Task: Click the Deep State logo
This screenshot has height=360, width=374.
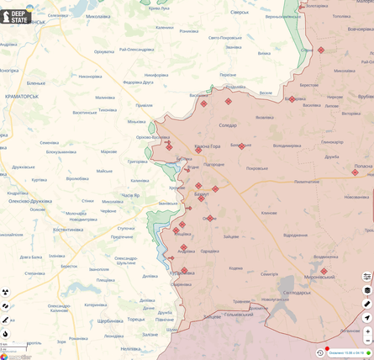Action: pyautogui.click(x=16, y=17)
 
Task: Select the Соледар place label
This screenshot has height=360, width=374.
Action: pyautogui.click(x=228, y=125)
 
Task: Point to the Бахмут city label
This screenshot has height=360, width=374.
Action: pyautogui.click(x=202, y=193)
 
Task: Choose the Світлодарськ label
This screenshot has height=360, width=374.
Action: pyautogui.click(x=296, y=292)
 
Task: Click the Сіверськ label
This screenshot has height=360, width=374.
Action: pyautogui.click(x=240, y=13)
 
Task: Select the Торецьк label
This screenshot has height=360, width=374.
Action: pyautogui.click(x=135, y=320)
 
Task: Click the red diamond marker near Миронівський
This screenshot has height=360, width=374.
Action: pyautogui.click(x=324, y=271)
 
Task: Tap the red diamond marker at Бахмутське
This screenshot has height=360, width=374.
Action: pyautogui.click(x=241, y=146)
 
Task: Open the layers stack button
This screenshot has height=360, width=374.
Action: pyautogui.click(x=367, y=290)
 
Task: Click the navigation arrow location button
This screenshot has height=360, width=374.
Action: pyautogui.click(x=367, y=317)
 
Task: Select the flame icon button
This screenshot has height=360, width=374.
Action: pyautogui.click(x=6, y=334)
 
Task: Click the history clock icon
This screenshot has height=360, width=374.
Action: pyautogui.click(x=320, y=352)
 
